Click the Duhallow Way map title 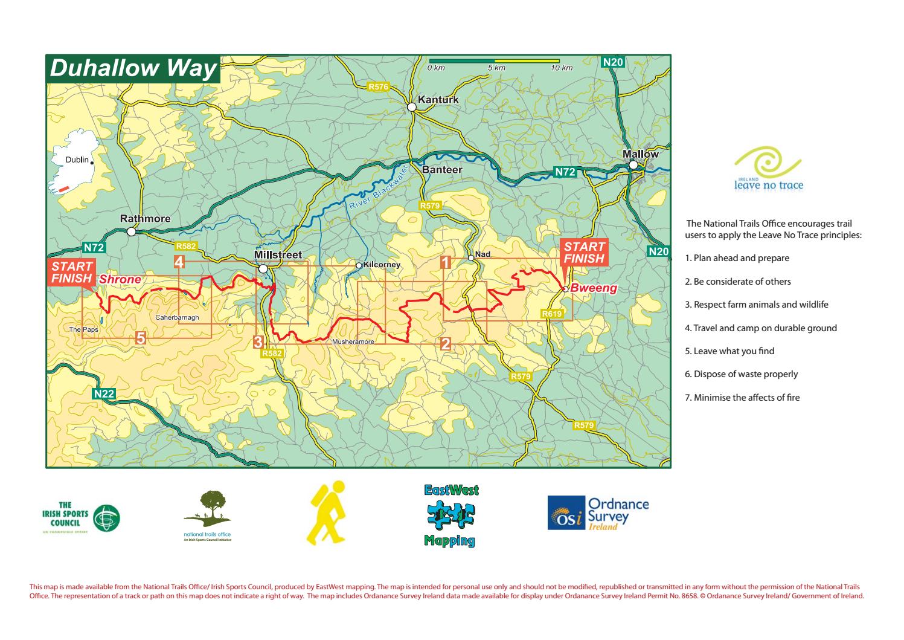pos(133,68)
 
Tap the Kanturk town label pos(438,100)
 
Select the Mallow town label pos(641,154)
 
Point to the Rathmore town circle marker pos(132,231)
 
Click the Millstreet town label pos(278,256)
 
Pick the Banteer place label pos(442,170)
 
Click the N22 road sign pos(104,393)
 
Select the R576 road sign pos(379,87)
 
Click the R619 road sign pos(552,314)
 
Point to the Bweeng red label pos(594,288)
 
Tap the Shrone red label pos(120,279)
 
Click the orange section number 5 pos(140,338)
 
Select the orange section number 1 pos(446,262)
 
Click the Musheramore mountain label pos(353,342)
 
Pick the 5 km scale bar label pos(496,68)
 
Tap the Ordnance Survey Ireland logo pos(598,513)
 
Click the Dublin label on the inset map pos(77,160)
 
